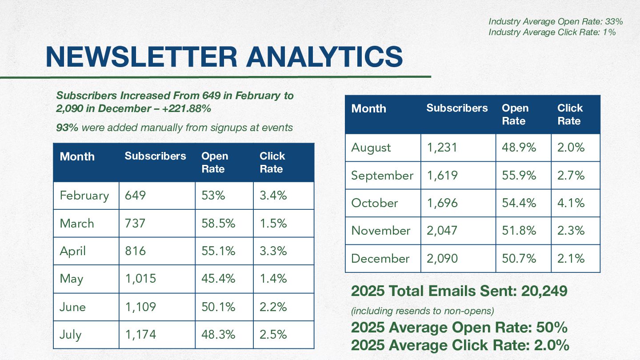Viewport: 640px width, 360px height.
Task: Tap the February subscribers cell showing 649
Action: [136, 196]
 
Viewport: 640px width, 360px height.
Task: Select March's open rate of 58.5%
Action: [218, 223]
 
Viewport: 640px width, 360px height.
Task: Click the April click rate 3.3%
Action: [273, 251]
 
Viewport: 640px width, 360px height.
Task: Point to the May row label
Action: [72, 279]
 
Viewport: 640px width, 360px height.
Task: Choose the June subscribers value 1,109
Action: [140, 307]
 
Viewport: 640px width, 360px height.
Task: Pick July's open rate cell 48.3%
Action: [218, 334]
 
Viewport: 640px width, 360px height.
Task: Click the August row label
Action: [371, 148]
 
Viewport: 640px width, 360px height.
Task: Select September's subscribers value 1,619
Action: [442, 176]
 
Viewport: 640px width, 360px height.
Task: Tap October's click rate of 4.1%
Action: [571, 203]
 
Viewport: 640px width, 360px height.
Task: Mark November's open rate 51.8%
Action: [519, 231]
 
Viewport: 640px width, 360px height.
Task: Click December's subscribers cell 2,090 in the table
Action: [442, 258]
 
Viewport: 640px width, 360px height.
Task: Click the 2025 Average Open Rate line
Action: [459, 328]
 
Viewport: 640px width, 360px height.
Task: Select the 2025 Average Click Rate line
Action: [460, 345]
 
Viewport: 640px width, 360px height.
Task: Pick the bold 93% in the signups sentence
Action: [67, 128]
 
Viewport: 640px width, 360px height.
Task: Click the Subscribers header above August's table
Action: [457, 108]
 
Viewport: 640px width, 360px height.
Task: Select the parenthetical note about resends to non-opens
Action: [423, 311]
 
